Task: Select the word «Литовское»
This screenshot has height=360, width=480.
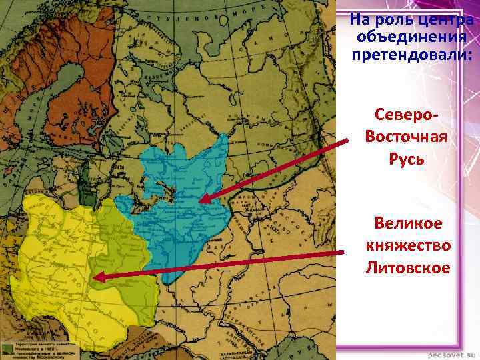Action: point(408,268)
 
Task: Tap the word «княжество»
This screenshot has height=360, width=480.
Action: point(408,245)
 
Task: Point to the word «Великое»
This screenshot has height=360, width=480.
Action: point(408,223)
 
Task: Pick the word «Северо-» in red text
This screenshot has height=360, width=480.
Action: point(406,116)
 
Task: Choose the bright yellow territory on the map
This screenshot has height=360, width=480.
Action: point(53,253)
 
